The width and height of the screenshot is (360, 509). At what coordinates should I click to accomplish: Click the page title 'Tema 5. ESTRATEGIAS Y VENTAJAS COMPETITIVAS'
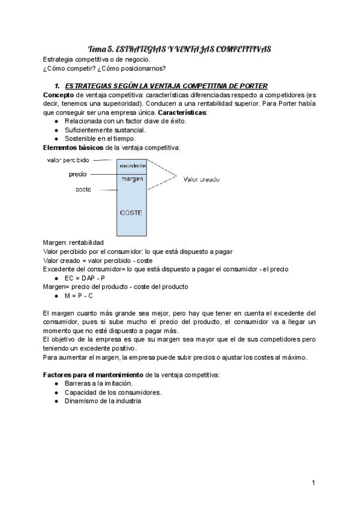pos(180,49)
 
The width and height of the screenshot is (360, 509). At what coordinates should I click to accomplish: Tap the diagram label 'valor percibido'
pos(68,160)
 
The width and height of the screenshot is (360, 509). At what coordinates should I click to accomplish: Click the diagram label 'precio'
pos(78,174)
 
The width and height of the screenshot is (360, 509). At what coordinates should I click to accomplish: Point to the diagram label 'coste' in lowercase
pos(83,189)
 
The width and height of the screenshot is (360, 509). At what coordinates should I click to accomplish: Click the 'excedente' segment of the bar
pos(133,165)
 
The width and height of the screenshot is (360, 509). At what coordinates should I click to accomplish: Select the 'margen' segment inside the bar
pos(132,179)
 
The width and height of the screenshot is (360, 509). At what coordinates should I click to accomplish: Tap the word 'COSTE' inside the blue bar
pos(132,212)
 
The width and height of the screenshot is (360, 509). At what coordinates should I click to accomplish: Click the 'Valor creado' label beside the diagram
pos(202,179)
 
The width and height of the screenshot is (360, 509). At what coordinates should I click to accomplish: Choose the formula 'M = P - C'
pos(82,296)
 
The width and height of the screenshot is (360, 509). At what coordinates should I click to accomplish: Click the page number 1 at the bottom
pos(314,483)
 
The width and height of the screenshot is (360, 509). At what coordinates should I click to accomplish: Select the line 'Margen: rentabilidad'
pos(73,242)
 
